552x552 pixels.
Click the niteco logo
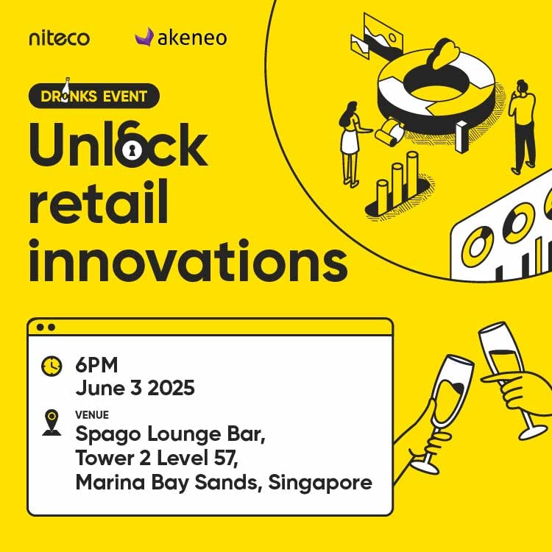pyautogui.click(x=59, y=38)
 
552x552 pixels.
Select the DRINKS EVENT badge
pyautogui.click(x=93, y=96)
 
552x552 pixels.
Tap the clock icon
pyautogui.click(x=52, y=365)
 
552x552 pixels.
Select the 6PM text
pyautogui.click(x=96, y=365)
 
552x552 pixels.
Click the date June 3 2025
pyautogui.click(x=135, y=388)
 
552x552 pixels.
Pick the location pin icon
pyautogui.click(x=52, y=422)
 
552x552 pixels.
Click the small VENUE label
pyautogui.click(x=92, y=414)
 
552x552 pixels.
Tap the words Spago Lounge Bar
pyautogui.click(x=170, y=436)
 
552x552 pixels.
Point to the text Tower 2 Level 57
pyautogui.click(x=158, y=459)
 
